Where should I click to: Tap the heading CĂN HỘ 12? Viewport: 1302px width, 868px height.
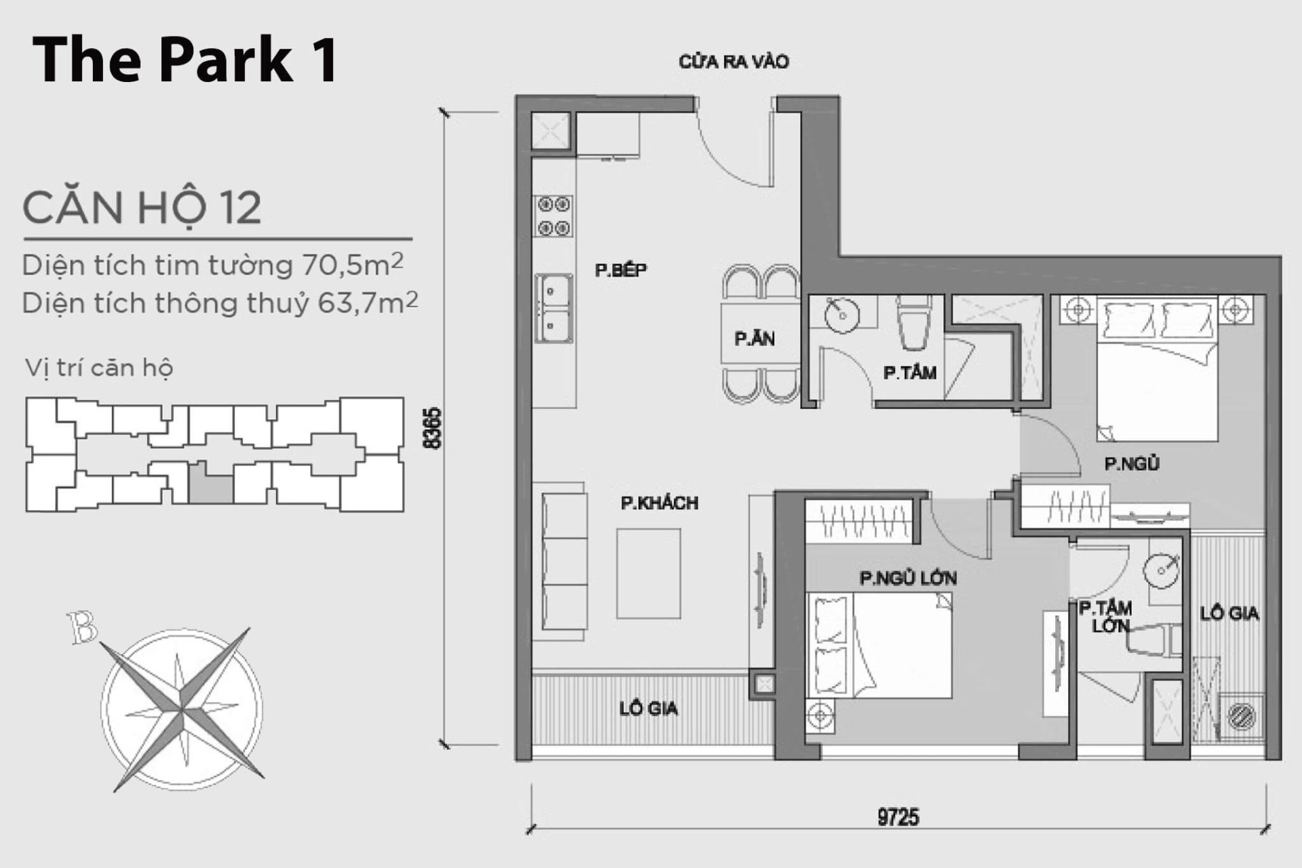(x=142, y=208)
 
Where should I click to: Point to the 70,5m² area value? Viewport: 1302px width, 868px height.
(x=353, y=265)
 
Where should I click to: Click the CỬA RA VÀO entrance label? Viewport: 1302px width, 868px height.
(x=733, y=62)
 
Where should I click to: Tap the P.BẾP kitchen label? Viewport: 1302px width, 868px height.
(x=620, y=270)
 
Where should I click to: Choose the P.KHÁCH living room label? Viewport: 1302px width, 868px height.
(x=659, y=503)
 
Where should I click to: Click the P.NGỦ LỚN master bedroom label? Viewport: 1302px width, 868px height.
(x=908, y=578)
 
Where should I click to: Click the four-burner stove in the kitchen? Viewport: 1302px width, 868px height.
(x=554, y=216)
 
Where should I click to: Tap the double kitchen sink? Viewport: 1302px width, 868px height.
(x=554, y=308)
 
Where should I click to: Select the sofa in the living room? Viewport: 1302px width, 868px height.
(x=564, y=561)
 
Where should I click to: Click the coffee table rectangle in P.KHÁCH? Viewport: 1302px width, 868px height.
(x=648, y=574)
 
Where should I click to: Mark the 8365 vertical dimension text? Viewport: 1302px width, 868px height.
(x=432, y=428)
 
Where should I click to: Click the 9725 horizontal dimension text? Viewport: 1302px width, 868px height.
(x=898, y=817)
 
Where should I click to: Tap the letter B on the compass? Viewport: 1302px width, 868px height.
(x=83, y=628)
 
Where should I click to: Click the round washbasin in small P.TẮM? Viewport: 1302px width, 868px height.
(x=842, y=315)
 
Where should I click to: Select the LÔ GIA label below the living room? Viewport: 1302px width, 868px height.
(x=648, y=709)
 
